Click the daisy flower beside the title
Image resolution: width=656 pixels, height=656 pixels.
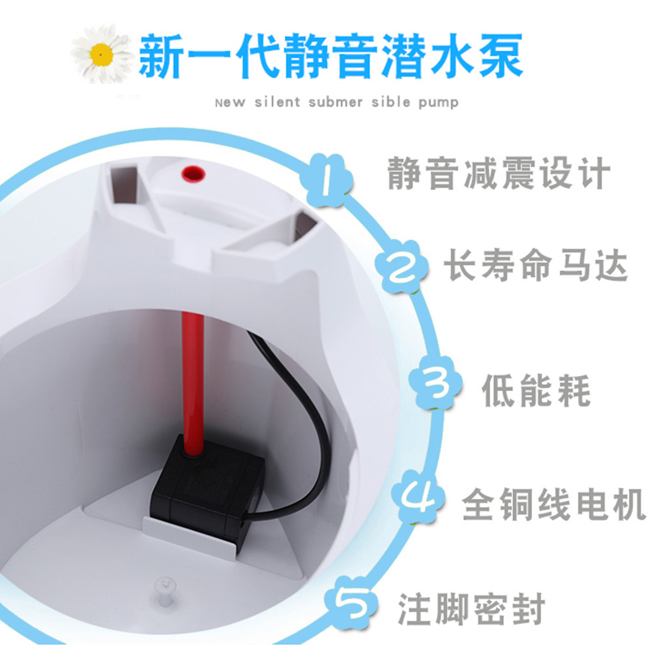pos(102,54)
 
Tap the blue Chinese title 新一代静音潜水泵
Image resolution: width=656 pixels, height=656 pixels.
pos(331,56)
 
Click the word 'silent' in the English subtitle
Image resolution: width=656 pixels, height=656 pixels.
pos(277,102)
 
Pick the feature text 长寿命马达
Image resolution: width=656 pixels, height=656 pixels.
pos(535,265)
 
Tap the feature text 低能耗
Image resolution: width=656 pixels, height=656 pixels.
pos(537,391)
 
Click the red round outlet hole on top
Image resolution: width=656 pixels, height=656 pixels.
pos(192,174)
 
